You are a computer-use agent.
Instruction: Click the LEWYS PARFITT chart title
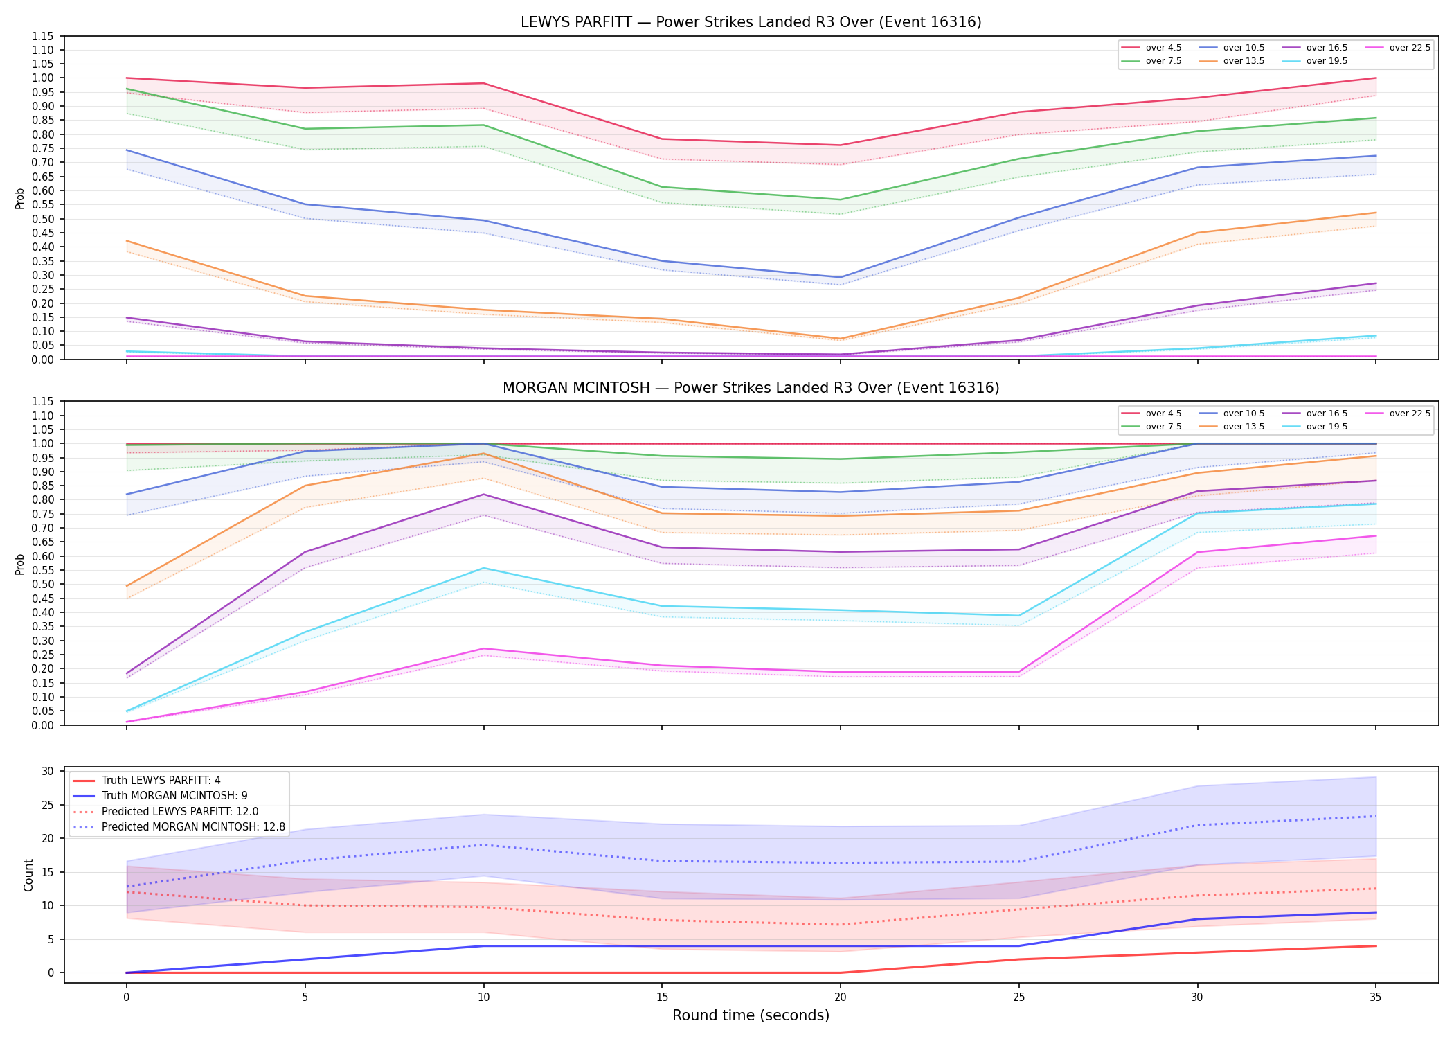(751, 22)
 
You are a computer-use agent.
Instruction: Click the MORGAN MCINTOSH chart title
(751, 388)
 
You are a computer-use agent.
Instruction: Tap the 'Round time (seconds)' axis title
(751, 1015)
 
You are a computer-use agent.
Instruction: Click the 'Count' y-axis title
(28, 875)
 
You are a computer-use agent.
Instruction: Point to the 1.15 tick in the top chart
(42, 36)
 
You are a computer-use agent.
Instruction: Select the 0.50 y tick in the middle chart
(42, 585)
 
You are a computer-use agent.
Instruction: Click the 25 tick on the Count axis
(48, 805)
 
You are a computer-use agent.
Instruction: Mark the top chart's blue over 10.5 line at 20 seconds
(840, 277)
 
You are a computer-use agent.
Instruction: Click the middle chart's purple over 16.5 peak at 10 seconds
(483, 495)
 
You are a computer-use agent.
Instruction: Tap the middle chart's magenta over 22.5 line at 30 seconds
(1197, 552)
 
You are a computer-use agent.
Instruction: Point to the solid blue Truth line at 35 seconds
(1375, 912)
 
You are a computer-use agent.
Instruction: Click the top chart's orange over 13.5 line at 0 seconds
(126, 241)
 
